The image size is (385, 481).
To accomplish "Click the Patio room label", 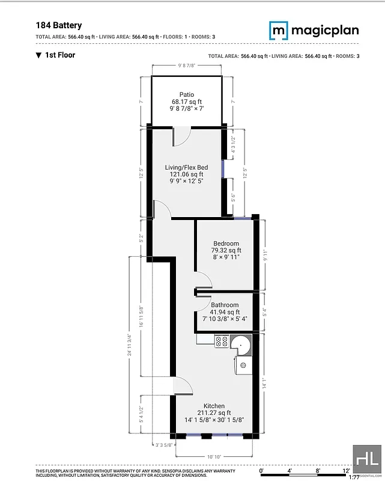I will click(186, 94).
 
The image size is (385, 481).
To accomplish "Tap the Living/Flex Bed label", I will click(186, 167).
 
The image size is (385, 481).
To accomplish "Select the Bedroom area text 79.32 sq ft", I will click(226, 251).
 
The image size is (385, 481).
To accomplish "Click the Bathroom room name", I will click(225, 305).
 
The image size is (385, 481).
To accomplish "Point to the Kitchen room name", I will click(214, 406).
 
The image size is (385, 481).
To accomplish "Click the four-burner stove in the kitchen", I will click(220, 342).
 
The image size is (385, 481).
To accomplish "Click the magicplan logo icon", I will click(278, 29).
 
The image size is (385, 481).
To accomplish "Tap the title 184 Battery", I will click(59, 25).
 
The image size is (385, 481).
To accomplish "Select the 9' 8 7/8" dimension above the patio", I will click(186, 66).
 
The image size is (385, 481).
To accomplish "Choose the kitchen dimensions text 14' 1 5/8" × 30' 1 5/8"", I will click(214, 420).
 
